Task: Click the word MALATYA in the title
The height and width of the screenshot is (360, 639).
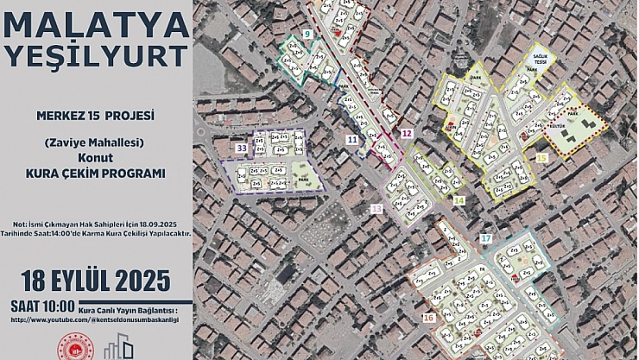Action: click(97, 24)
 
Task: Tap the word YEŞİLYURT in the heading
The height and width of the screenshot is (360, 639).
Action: click(97, 56)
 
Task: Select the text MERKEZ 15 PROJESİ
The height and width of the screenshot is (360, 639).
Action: click(96, 115)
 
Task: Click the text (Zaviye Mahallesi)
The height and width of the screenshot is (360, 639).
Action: click(96, 142)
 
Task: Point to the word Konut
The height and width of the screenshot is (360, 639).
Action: click(95, 158)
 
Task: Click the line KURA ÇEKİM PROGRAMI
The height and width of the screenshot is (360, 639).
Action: click(96, 173)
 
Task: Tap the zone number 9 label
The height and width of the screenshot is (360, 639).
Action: click(307, 34)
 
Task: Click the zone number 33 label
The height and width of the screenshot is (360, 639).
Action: click(242, 148)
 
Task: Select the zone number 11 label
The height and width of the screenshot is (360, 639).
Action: click(351, 138)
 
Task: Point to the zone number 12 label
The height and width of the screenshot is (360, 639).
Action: click(406, 133)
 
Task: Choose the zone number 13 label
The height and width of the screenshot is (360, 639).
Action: click(376, 209)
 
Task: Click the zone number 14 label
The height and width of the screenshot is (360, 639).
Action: click(459, 200)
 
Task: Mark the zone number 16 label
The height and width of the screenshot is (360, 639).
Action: click(429, 318)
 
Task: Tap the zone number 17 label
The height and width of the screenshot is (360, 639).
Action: click(486, 237)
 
